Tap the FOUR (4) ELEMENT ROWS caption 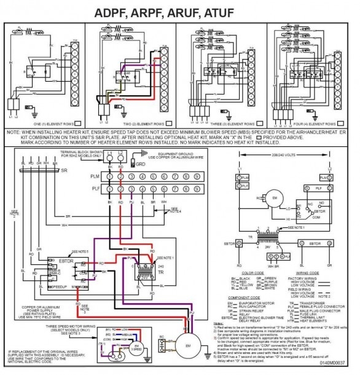(305, 123)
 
